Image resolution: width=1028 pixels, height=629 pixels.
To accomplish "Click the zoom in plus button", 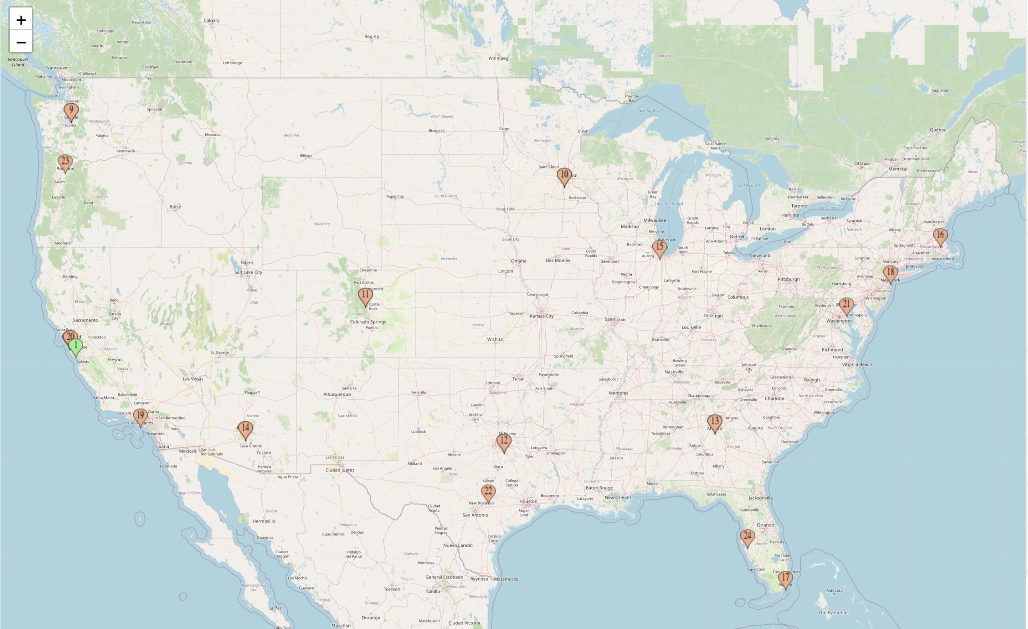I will click(x=21, y=20).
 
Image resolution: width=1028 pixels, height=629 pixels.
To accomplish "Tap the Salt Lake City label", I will click(x=248, y=272).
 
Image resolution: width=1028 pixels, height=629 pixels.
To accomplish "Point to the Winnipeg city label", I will click(x=498, y=58).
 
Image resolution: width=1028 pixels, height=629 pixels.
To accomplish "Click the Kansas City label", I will click(x=542, y=316).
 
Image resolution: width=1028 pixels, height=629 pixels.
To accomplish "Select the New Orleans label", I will click(x=618, y=497).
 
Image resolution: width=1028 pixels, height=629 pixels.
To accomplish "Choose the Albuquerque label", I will click(x=337, y=394).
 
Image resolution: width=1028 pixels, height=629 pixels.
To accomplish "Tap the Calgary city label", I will click(x=212, y=20).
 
